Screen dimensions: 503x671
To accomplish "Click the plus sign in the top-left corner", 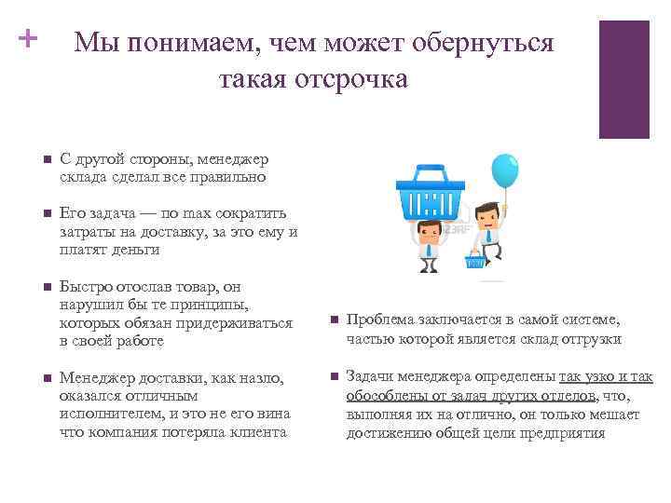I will tap(26, 39).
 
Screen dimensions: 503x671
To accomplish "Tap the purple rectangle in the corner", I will tap(623, 79).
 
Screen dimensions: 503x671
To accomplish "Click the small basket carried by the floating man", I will tap(475, 263).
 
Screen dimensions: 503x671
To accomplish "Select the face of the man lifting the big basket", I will tap(427, 230).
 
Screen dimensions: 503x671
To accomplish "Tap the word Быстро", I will tap(84, 288).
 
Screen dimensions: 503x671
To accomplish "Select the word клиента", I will tap(258, 432).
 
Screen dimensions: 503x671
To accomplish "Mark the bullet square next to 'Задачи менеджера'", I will tap(333, 377).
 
